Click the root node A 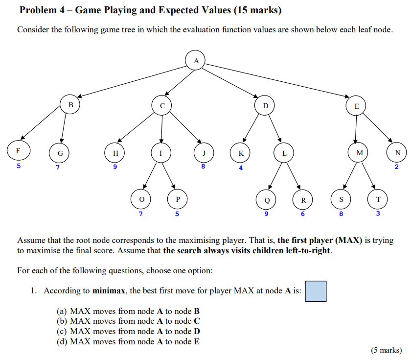pos(196,61)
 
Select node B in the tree pos(70,104)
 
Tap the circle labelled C pos(162,105)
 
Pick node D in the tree pos(265,105)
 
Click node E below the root pos(356,106)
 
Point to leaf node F pos(18,151)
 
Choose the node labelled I pos(161,153)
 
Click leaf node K pos(241,153)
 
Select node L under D pos(284,153)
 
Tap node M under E pos(360,153)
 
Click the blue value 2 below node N pos(397,167)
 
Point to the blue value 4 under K pos(241,168)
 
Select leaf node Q pos(267,199)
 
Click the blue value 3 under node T pos(378,214)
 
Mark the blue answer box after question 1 pos(316,290)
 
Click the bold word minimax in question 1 pos(108,290)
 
